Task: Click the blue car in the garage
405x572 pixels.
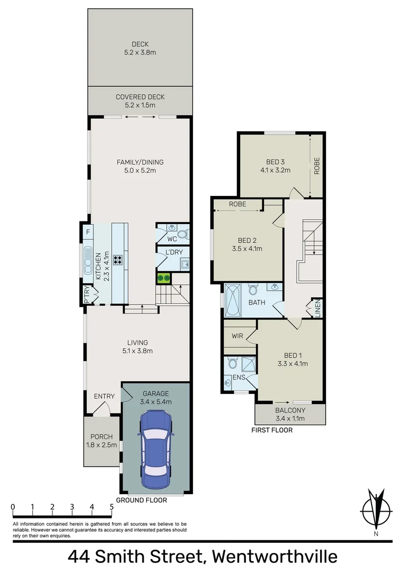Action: [155, 445]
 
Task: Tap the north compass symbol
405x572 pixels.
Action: [376, 511]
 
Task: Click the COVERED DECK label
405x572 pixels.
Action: [140, 97]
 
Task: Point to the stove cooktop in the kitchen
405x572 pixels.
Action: [118, 260]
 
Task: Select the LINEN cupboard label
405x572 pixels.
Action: [317, 309]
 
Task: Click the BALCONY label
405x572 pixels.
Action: [289, 410]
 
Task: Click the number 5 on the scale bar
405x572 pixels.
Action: [111, 507]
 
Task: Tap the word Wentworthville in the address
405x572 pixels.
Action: [274, 557]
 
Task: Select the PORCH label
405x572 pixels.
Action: [101, 437]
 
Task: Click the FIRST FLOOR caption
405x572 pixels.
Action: [271, 430]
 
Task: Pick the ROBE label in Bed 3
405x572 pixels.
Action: [316, 165]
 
